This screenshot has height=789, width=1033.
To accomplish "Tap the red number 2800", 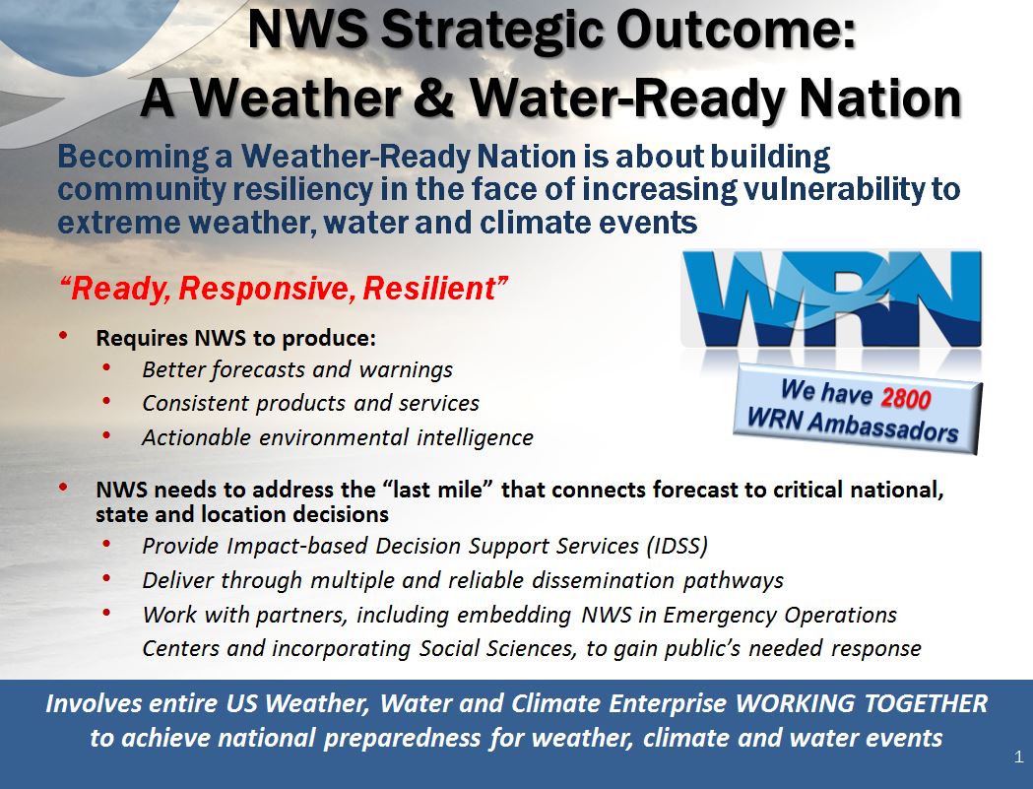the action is tap(905, 398).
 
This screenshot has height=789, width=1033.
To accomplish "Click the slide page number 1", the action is tap(1019, 756).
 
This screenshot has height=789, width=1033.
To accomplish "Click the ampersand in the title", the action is tap(427, 98).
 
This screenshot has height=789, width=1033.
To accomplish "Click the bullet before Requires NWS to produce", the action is tap(63, 336).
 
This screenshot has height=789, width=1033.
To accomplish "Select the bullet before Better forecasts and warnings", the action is tap(106, 367).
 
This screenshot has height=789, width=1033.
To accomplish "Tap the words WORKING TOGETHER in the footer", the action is tap(861, 703).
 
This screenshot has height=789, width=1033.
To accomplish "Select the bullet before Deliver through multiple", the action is tap(106, 578).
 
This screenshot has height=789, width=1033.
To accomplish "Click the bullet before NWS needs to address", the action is tap(63, 488).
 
